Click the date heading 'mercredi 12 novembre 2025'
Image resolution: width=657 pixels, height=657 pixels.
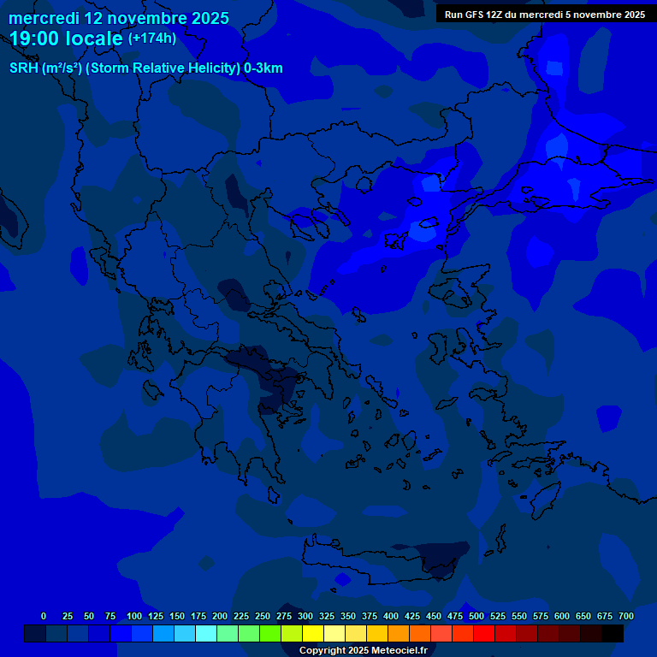click(119, 18)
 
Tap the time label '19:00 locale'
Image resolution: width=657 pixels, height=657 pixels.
click(67, 39)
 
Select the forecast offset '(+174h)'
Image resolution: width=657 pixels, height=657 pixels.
click(152, 38)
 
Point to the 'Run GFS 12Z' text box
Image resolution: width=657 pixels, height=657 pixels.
click(545, 15)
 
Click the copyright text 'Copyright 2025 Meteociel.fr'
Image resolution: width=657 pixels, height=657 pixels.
click(363, 651)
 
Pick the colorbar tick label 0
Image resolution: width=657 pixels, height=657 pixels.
click(44, 616)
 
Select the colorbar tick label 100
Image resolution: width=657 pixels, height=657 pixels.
click(134, 616)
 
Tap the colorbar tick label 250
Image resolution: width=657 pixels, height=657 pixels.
click(263, 616)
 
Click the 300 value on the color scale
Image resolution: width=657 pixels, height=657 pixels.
click(305, 616)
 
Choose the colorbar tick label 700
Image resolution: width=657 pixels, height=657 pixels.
click(626, 616)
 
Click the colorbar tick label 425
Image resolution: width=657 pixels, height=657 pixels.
click(412, 616)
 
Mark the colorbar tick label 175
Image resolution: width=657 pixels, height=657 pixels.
click(198, 616)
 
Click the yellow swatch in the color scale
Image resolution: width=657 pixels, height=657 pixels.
click(313, 634)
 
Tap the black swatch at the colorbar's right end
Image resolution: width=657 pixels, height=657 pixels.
click(613, 634)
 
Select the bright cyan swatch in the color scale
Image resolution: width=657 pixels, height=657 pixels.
click(206, 634)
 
